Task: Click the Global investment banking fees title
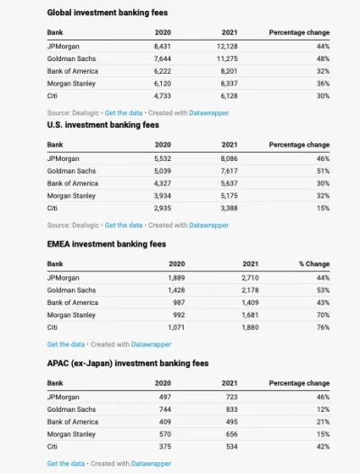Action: tap(107, 13)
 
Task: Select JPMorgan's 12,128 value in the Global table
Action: tap(227, 47)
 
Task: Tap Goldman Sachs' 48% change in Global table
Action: tap(323, 58)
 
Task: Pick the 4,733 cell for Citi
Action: tap(163, 96)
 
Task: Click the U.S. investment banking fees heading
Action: tap(103, 125)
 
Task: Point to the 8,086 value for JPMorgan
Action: tap(229, 158)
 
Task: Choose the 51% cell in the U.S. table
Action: tap(323, 171)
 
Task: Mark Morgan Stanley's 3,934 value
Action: tap(163, 196)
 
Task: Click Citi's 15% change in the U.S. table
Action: tap(323, 208)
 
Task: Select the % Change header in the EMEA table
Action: tap(314, 264)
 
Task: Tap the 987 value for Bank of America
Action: tap(179, 302)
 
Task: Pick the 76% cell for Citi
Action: tap(323, 327)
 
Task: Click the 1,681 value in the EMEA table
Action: tap(250, 315)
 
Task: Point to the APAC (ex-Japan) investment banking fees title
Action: tap(128, 363)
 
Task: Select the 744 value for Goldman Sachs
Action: tap(166, 409)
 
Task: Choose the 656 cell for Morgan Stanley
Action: tap(232, 434)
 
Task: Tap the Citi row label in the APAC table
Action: tap(52, 446)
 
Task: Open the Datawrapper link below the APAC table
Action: tap(151, 464)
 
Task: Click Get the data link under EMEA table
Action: tap(66, 344)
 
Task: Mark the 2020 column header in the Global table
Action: tap(163, 32)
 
